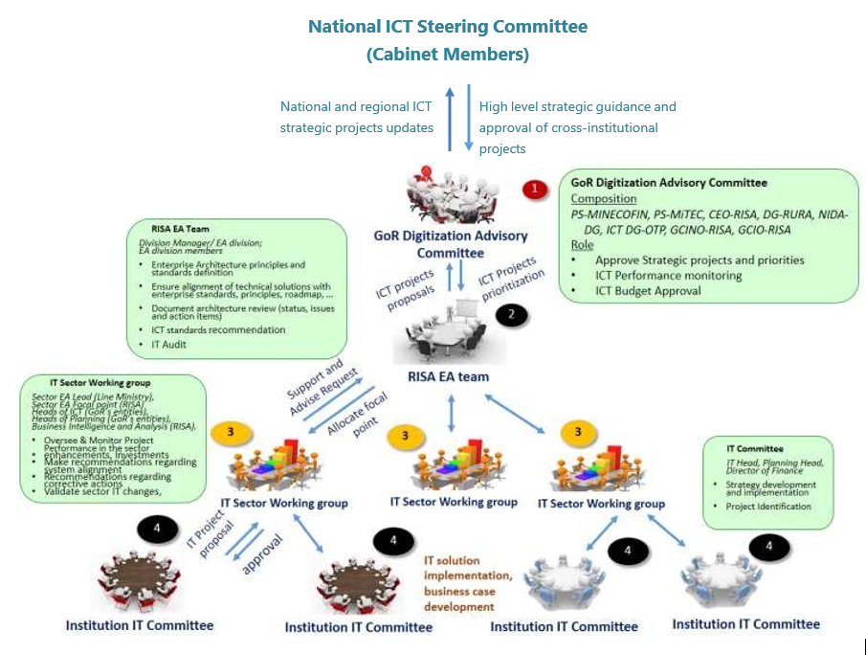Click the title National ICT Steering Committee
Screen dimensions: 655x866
click(448, 27)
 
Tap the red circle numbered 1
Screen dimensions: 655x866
click(534, 189)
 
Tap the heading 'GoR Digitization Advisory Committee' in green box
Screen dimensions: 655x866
click(669, 182)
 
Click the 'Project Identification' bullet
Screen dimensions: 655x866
click(768, 507)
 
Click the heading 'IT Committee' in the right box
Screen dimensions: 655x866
click(754, 448)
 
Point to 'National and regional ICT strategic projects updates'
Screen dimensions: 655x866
click(356, 117)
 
